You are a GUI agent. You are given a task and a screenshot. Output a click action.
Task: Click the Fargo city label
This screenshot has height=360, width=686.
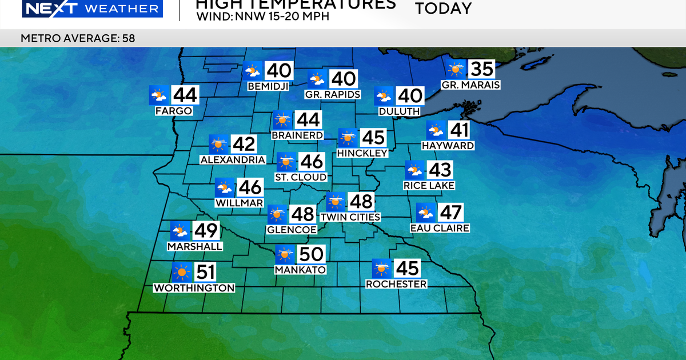(x=174, y=111)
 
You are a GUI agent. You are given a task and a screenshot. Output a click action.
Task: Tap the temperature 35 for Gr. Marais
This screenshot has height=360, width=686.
(x=481, y=69)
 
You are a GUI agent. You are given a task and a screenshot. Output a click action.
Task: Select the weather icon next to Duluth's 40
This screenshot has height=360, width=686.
(x=384, y=96)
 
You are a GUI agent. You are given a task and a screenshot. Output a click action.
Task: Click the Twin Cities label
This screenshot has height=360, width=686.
(x=350, y=217)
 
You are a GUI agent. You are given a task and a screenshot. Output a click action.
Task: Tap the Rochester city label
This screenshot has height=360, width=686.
(x=396, y=284)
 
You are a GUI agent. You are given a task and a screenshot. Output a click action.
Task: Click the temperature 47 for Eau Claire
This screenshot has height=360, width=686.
(x=450, y=213)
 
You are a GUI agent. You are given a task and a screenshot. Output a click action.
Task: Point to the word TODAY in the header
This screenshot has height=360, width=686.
(x=443, y=9)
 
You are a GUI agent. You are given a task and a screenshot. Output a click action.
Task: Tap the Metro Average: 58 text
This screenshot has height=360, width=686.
(x=78, y=38)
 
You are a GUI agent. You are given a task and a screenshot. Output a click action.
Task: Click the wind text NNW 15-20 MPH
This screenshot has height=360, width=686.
(x=280, y=16)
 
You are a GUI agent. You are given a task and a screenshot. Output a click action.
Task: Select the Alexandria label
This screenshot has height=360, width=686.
(x=233, y=160)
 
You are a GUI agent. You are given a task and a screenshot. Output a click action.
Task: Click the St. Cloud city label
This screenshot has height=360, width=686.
(x=301, y=177)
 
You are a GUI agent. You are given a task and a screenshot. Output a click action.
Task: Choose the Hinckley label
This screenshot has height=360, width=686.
(x=362, y=153)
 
